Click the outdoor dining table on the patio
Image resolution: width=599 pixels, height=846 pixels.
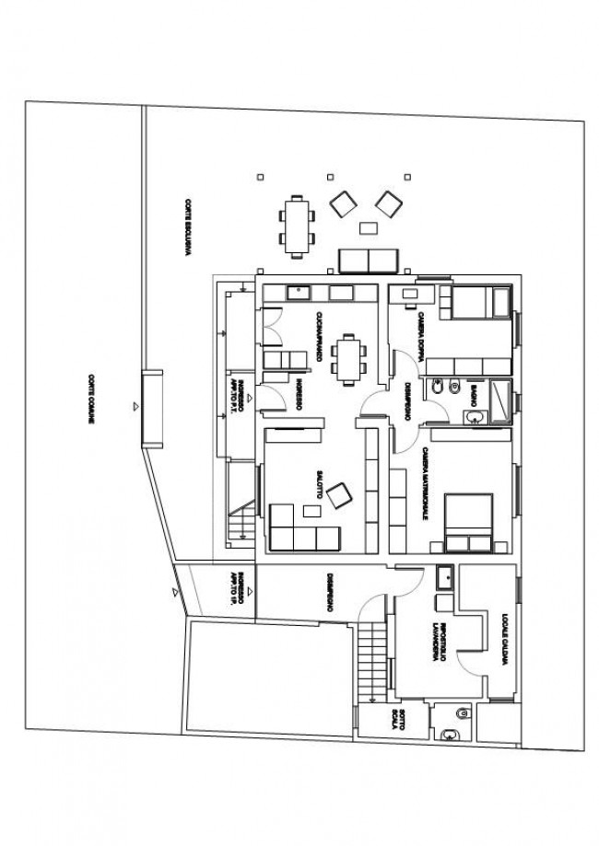click(297, 225)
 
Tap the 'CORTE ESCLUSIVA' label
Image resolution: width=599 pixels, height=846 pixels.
click(187, 230)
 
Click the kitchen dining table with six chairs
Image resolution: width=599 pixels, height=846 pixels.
click(347, 357)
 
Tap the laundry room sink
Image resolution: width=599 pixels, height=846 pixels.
click(444, 577)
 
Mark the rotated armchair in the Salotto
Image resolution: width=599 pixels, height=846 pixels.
click(339, 495)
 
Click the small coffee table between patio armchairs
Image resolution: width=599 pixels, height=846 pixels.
click(370, 227)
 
